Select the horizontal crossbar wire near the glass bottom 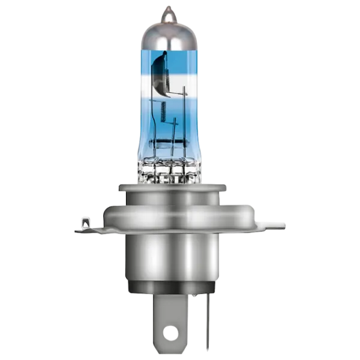pyautogui.click(x=169, y=145)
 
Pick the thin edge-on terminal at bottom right pyautogui.click(x=207, y=327)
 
